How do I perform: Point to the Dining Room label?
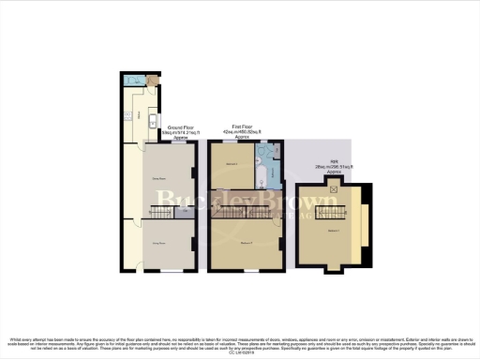point(158,177)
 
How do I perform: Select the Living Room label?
point(158,243)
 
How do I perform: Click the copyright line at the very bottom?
point(240,350)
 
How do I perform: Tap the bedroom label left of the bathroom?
point(232,166)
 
